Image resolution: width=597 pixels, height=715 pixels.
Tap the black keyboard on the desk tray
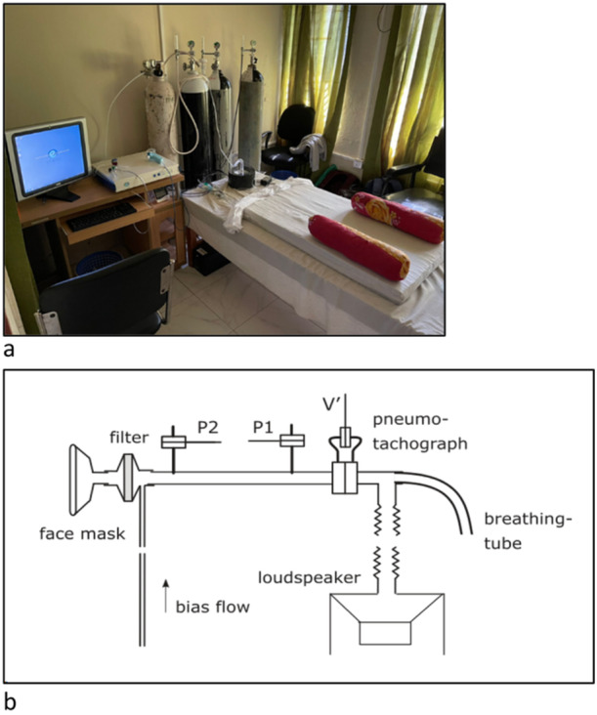[102, 216]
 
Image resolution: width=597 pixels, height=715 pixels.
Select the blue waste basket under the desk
[98, 263]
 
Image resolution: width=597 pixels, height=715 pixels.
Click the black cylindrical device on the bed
[241, 177]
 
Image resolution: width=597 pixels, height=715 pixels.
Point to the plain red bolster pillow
[359, 247]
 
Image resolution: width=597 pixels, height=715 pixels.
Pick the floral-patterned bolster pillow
[397, 217]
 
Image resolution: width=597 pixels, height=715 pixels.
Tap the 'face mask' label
[82, 533]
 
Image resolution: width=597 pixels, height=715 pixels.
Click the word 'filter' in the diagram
[129, 438]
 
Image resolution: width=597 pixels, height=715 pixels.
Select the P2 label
[207, 427]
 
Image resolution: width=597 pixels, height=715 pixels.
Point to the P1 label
[263, 427]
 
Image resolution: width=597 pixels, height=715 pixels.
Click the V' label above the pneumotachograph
[330, 405]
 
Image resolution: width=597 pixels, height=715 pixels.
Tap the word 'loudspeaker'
[309, 577]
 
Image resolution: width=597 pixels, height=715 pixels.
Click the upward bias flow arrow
[166, 596]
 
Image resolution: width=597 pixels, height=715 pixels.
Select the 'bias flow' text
[213, 607]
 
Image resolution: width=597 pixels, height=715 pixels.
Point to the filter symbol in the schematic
[129, 477]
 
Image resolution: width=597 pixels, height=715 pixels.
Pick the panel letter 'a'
[9, 351]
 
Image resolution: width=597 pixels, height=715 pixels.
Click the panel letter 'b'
[9, 701]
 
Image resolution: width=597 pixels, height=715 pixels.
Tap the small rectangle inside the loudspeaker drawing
[385, 633]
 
